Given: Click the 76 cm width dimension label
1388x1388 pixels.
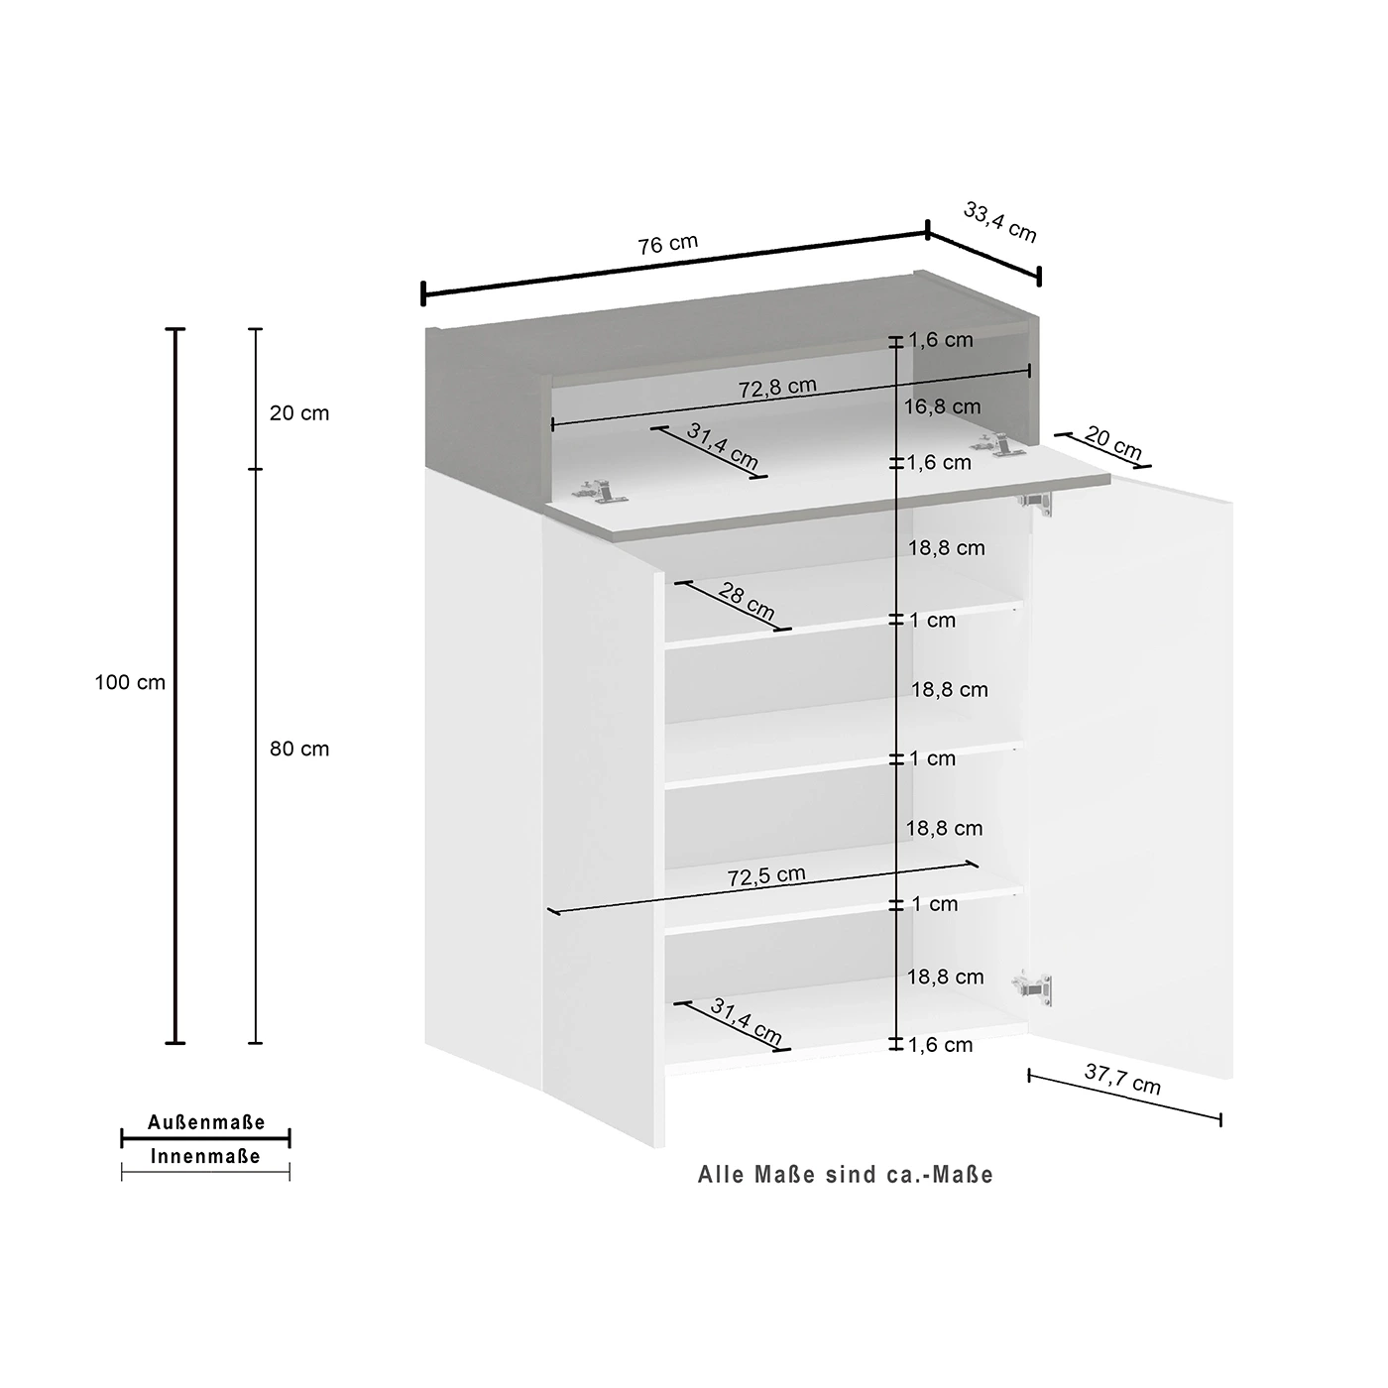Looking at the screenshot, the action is [667, 244].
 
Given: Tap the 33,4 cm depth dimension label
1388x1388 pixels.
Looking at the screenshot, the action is [999, 222].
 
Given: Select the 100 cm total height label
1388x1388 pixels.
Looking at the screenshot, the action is [130, 682].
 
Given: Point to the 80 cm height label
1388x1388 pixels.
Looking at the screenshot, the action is [299, 749].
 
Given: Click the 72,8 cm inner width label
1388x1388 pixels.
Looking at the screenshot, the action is [777, 387].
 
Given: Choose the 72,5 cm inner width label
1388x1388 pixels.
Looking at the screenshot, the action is [765, 875].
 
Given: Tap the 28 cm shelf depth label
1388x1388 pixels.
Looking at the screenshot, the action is [747, 601].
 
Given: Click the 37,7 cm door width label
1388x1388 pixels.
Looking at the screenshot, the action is [1122, 1079].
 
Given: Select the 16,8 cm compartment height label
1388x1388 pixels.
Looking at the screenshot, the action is [942, 406].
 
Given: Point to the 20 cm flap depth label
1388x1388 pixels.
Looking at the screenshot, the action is [1113, 442].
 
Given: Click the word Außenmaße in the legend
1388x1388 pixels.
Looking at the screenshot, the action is [206, 1122].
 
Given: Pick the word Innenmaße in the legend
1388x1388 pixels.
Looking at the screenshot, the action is [205, 1156].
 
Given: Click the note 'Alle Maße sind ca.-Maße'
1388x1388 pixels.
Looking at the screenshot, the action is [845, 1175].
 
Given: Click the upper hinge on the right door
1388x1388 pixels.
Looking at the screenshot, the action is [1035, 500].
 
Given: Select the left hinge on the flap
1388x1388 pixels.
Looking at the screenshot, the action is [599, 491].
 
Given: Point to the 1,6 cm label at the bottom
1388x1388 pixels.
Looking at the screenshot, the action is [940, 1044].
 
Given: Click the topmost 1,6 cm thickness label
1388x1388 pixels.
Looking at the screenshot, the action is [940, 339].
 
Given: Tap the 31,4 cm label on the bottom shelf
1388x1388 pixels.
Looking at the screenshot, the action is [747, 1020].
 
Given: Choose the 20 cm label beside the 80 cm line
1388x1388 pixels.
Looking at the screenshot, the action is [299, 412].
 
